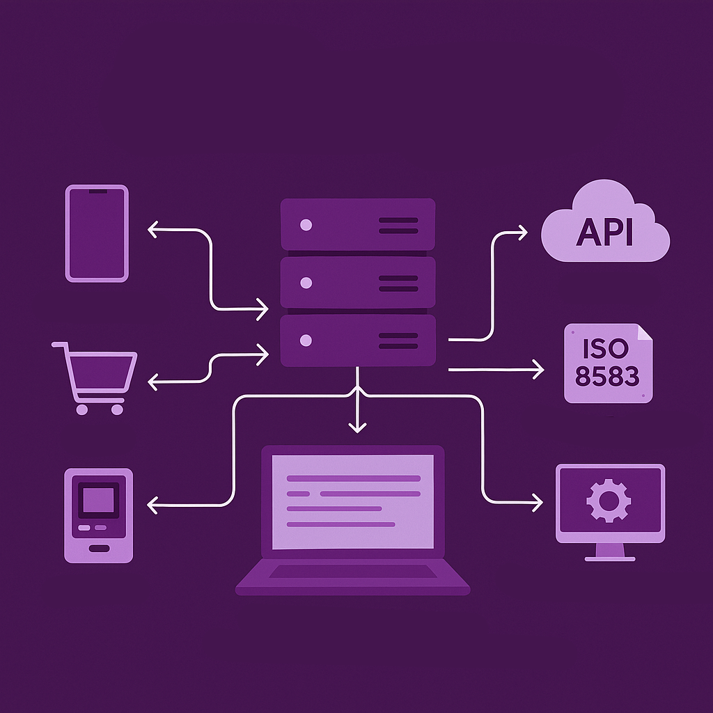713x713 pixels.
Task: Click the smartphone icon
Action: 97,233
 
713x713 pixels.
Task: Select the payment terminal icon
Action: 99,516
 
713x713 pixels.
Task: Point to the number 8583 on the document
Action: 607,376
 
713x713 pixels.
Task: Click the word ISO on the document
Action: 606,348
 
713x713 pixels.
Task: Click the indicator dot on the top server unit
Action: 306,225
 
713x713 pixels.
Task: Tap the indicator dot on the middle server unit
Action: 306,283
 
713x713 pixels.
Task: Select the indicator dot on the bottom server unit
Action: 306,340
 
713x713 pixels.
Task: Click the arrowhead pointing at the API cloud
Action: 523,233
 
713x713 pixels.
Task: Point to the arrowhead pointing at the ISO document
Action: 540,369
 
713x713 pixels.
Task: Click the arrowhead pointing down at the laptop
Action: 357,428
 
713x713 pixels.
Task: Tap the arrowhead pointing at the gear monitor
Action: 538,503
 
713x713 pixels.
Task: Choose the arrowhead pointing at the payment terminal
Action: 152,505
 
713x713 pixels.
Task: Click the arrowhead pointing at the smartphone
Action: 152,230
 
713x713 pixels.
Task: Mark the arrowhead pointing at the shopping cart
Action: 152,382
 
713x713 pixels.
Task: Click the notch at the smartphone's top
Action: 97,191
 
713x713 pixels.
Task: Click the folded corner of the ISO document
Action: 645,331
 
